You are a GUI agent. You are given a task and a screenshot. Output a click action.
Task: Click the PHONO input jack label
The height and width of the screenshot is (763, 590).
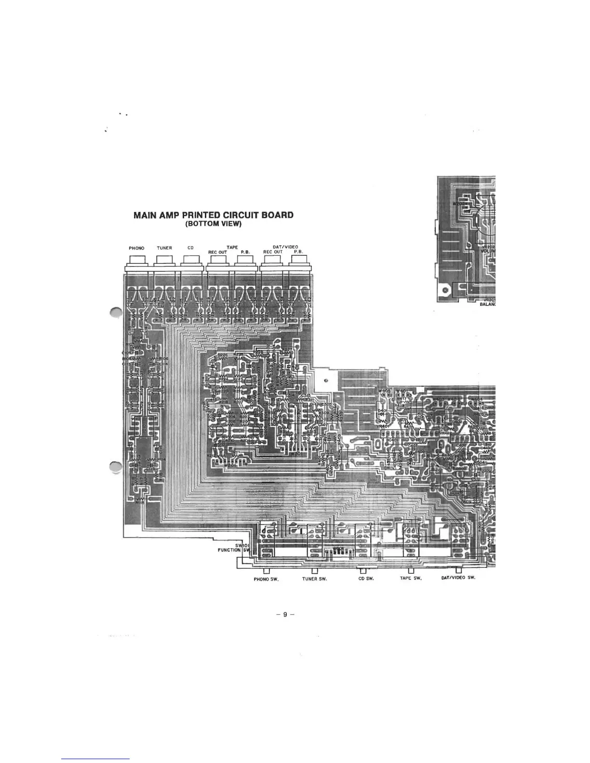pyautogui.click(x=136, y=248)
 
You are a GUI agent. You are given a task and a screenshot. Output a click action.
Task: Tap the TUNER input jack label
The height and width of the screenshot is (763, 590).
pyautogui.click(x=164, y=248)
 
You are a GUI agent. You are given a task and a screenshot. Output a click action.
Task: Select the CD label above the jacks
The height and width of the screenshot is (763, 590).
pyautogui.click(x=190, y=248)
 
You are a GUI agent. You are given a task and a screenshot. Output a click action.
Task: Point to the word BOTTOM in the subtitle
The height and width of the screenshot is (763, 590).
pyautogui.click(x=204, y=224)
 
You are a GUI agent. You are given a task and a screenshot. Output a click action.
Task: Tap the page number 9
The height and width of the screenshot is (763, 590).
pyautogui.click(x=285, y=615)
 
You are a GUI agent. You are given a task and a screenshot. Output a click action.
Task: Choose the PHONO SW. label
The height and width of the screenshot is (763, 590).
pyautogui.click(x=264, y=579)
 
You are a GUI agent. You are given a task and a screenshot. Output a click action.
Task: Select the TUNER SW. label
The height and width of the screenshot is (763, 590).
pyautogui.click(x=315, y=579)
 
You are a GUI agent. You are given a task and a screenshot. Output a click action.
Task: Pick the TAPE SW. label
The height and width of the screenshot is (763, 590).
pyautogui.click(x=411, y=579)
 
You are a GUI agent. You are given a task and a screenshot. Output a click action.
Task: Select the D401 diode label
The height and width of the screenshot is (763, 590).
pyautogui.click(x=382, y=410)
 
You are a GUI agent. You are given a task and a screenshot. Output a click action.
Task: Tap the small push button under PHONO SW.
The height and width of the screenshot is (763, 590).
pyautogui.click(x=267, y=571)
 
